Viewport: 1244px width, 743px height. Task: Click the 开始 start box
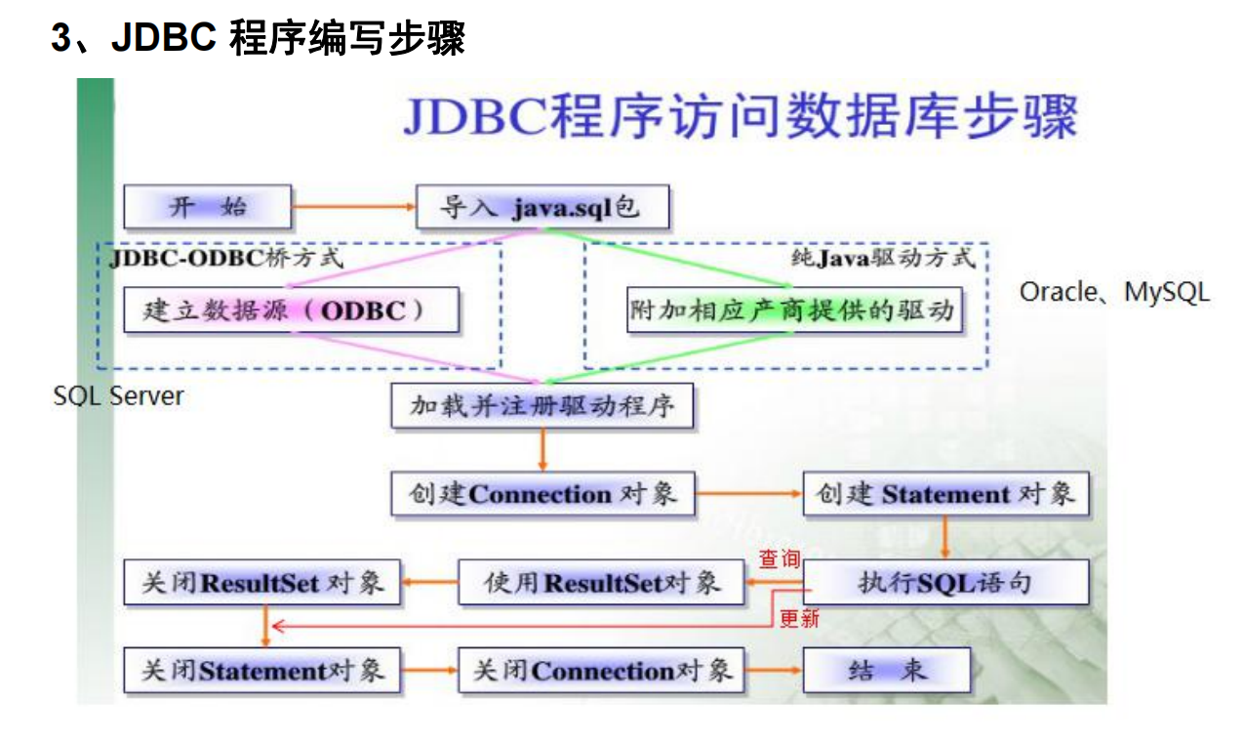pos(208,207)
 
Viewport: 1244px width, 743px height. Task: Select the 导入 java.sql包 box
pos(542,207)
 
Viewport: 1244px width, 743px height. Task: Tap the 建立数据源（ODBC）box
pos(291,310)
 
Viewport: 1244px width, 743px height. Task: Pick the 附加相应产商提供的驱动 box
pos(793,310)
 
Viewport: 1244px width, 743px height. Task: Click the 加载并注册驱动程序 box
pos(542,405)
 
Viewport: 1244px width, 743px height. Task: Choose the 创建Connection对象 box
pos(542,494)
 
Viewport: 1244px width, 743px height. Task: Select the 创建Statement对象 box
pos(944,494)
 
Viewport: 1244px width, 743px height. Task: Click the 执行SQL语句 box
pos(944,583)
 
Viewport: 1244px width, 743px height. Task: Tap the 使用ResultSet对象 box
pos(601,583)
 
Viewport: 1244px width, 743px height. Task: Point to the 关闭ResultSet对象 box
pos(262,583)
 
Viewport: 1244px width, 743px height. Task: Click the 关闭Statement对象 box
pos(262,671)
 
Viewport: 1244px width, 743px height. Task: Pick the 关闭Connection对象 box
pos(601,671)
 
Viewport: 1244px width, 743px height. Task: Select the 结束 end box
pos(887,671)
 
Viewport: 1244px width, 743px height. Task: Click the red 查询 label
pos(780,559)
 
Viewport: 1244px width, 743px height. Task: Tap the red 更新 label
pos(799,618)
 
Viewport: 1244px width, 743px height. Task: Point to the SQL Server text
pos(118,395)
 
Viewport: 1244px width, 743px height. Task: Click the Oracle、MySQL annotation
pos(1114,292)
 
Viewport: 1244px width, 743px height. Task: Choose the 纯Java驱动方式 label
pos(882,259)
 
